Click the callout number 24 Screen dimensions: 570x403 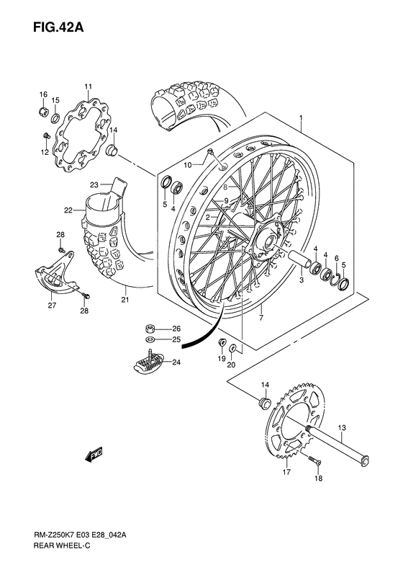176,362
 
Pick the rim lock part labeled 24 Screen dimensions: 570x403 150,361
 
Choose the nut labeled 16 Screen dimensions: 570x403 44,113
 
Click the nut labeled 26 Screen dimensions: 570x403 150,328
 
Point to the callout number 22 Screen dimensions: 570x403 68,210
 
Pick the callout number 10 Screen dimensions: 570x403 187,165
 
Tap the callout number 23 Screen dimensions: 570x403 94,185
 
